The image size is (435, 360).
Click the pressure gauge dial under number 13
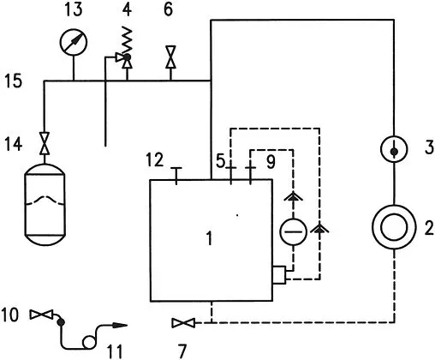pos(74,43)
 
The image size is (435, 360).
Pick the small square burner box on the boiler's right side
pos(279,277)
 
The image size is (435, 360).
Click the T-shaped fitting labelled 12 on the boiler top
pos(176,174)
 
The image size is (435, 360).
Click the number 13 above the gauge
pos(74,10)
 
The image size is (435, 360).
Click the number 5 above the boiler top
pos(219,159)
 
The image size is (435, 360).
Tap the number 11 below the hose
pos(112,348)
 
